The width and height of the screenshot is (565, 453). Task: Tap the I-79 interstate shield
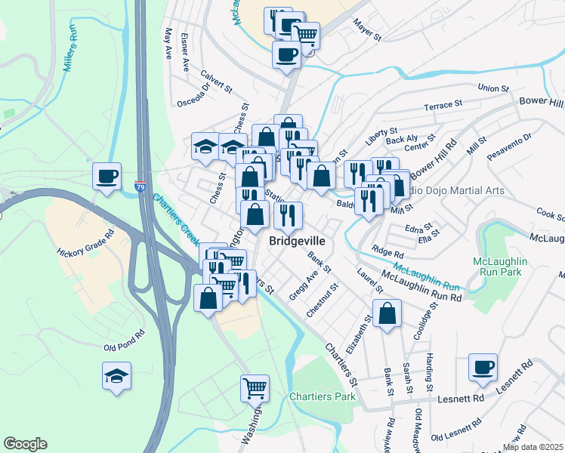[141, 185]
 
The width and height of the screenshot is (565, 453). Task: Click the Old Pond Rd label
[124, 340]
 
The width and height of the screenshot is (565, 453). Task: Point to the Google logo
[25, 444]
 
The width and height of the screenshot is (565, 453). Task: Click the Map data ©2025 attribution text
[532, 447]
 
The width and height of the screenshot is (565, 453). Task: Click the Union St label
[494, 88]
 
